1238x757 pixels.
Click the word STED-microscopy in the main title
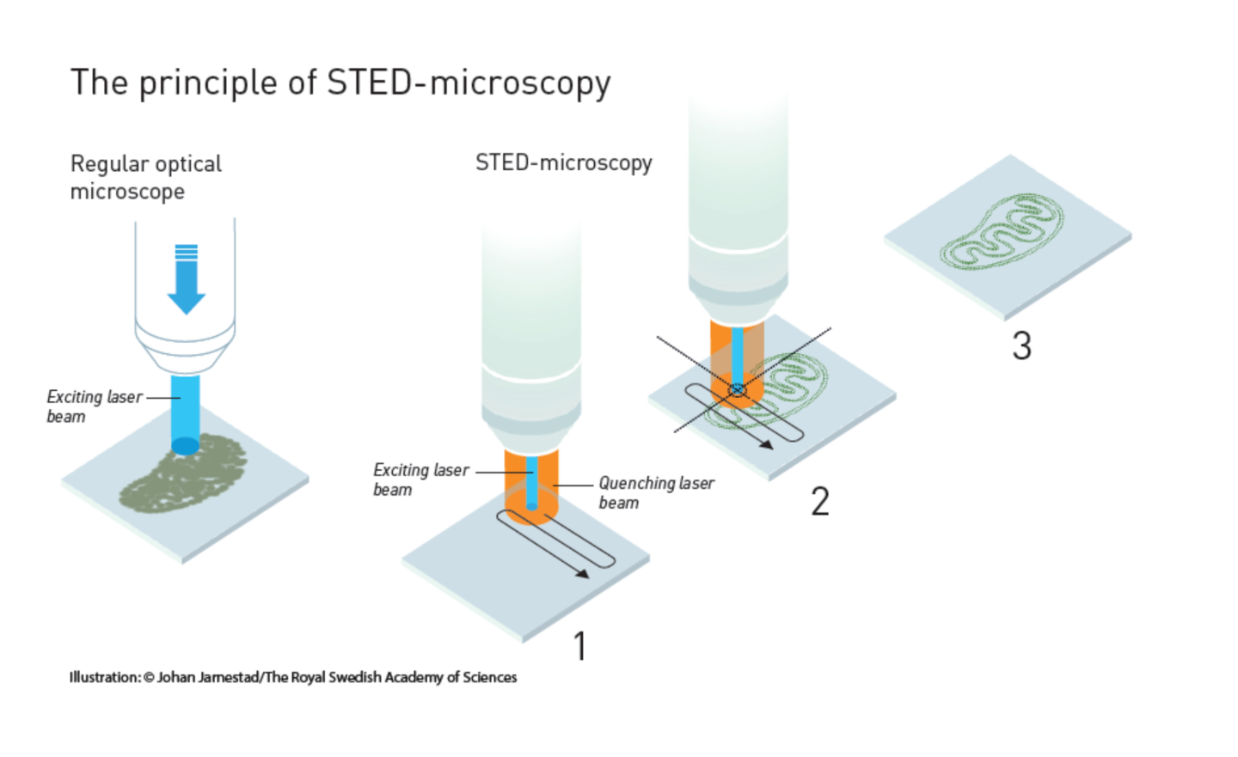[469, 83]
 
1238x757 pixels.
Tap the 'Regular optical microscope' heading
[145, 177]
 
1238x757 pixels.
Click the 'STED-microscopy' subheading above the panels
[563, 162]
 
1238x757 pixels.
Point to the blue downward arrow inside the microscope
[187, 279]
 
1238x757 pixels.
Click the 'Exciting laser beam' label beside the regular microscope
[93, 406]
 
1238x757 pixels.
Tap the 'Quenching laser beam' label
[655, 492]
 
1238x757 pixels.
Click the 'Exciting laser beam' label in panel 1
[420, 479]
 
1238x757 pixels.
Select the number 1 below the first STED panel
[580, 646]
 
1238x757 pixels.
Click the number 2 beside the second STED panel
[820, 501]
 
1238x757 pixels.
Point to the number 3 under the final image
[1021, 345]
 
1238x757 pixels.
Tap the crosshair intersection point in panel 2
[737, 389]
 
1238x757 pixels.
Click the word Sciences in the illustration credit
[489, 677]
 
